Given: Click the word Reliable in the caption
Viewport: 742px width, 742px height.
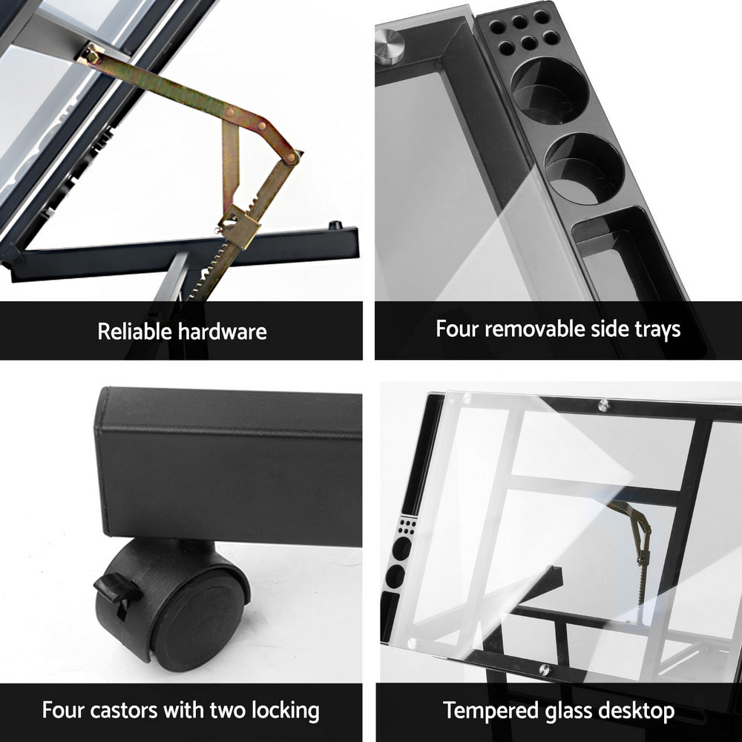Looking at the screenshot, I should click(134, 331).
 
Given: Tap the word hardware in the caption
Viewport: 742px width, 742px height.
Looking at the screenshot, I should click(222, 331).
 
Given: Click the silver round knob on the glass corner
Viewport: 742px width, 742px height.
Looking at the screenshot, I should click(390, 45).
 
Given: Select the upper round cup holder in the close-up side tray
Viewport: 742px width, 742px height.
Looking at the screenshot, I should click(550, 90).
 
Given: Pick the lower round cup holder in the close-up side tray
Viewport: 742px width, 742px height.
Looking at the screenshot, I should click(585, 168).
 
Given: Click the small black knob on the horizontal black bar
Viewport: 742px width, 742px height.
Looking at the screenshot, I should click(335, 226).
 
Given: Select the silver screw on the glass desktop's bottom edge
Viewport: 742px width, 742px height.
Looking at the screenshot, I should click(545, 670).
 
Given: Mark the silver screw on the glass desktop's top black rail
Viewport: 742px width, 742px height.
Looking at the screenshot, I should click(604, 405).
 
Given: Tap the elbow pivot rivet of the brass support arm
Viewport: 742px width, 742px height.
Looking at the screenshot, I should click(291, 157).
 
